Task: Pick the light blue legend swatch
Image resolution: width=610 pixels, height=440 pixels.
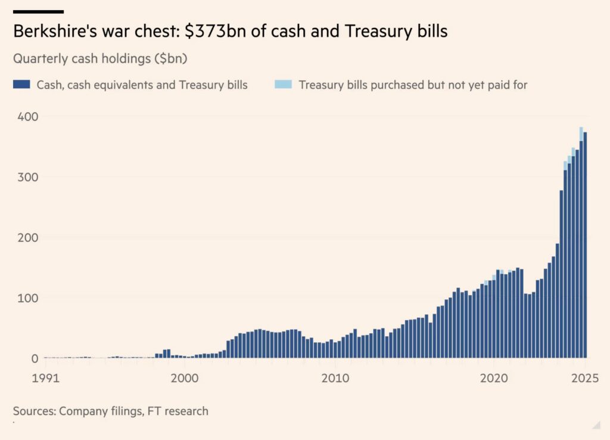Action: [x=283, y=85]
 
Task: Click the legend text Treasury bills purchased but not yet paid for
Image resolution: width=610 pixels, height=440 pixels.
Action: [x=413, y=85]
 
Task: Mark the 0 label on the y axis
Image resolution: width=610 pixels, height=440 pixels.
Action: [x=34, y=358]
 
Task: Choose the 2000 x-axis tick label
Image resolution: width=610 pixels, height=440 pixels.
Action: [x=185, y=377]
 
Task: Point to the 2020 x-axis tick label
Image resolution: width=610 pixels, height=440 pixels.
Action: [x=494, y=377]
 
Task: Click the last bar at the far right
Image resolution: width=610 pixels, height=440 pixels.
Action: [x=585, y=244]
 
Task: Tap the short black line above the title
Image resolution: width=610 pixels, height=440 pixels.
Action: [x=38, y=11]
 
